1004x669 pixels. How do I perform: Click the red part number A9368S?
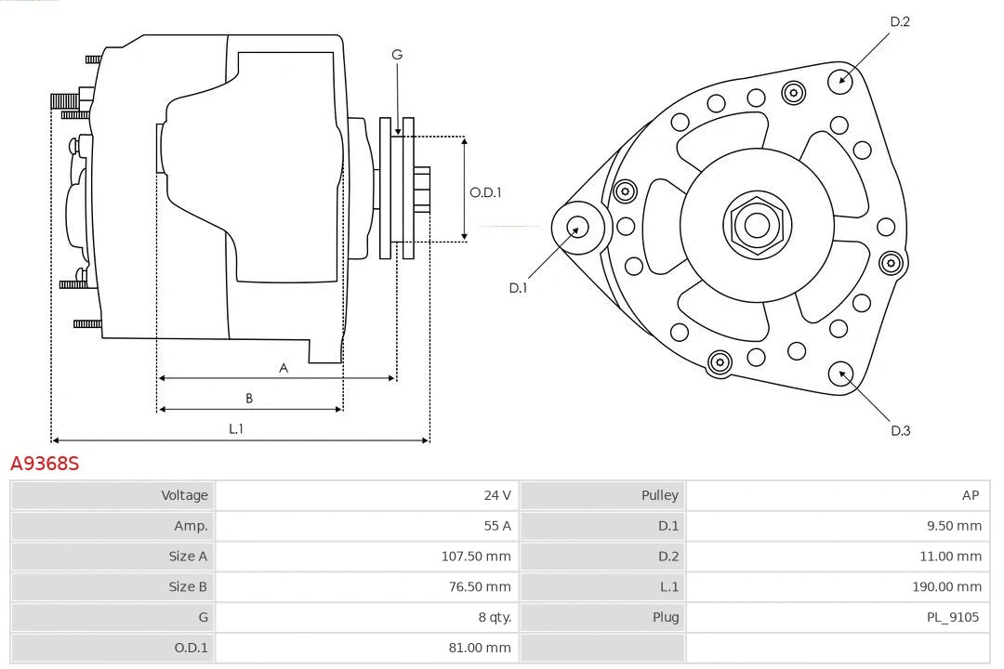pyautogui.click(x=45, y=463)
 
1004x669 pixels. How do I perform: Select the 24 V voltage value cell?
pyautogui.click(x=496, y=495)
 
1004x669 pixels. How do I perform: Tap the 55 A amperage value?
pyautogui.click(x=497, y=526)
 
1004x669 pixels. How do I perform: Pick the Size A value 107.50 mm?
pyautogui.click(x=475, y=557)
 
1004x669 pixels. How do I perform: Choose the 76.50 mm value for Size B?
pyautogui.click(x=479, y=586)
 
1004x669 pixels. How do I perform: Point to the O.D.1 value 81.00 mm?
pyautogui.click(x=479, y=648)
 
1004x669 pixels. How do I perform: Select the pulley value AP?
pyautogui.click(x=971, y=495)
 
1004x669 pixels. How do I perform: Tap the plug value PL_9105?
pyautogui.click(x=953, y=617)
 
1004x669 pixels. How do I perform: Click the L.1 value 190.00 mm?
pyautogui.click(x=946, y=586)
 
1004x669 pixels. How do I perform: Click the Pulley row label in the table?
pyautogui.click(x=659, y=495)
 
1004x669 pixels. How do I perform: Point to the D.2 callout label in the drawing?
pyautogui.click(x=899, y=21)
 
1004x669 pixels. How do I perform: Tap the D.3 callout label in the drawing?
pyautogui.click(x=900, y=430)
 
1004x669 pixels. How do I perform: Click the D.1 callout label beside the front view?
pyautogui.click(x=518, y=288)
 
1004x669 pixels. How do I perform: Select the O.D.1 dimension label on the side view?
pyautogui.click(x=485, y=193)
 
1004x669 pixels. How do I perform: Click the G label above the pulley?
pyautogui.click(x=397, y=55)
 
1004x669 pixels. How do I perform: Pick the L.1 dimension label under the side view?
pyautogui.click(x=236, y=428)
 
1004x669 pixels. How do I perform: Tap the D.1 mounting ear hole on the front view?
pyautogui.click(x=576, y=226)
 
